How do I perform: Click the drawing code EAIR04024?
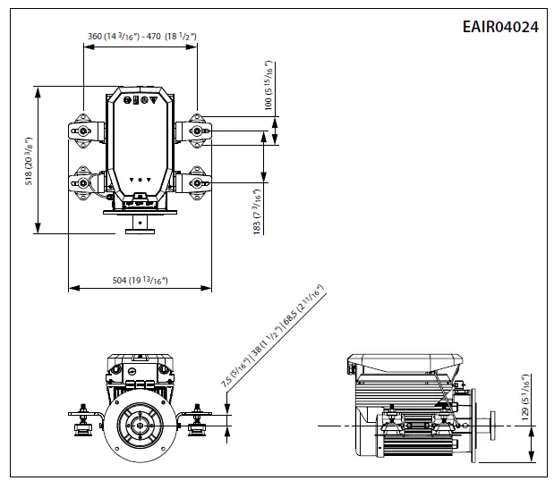point(500,27)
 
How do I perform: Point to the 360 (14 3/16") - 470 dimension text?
point(141,37)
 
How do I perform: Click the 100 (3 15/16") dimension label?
point(267,87)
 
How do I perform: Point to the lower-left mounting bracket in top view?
point(82,182)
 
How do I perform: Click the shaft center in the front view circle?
point(138,426)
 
